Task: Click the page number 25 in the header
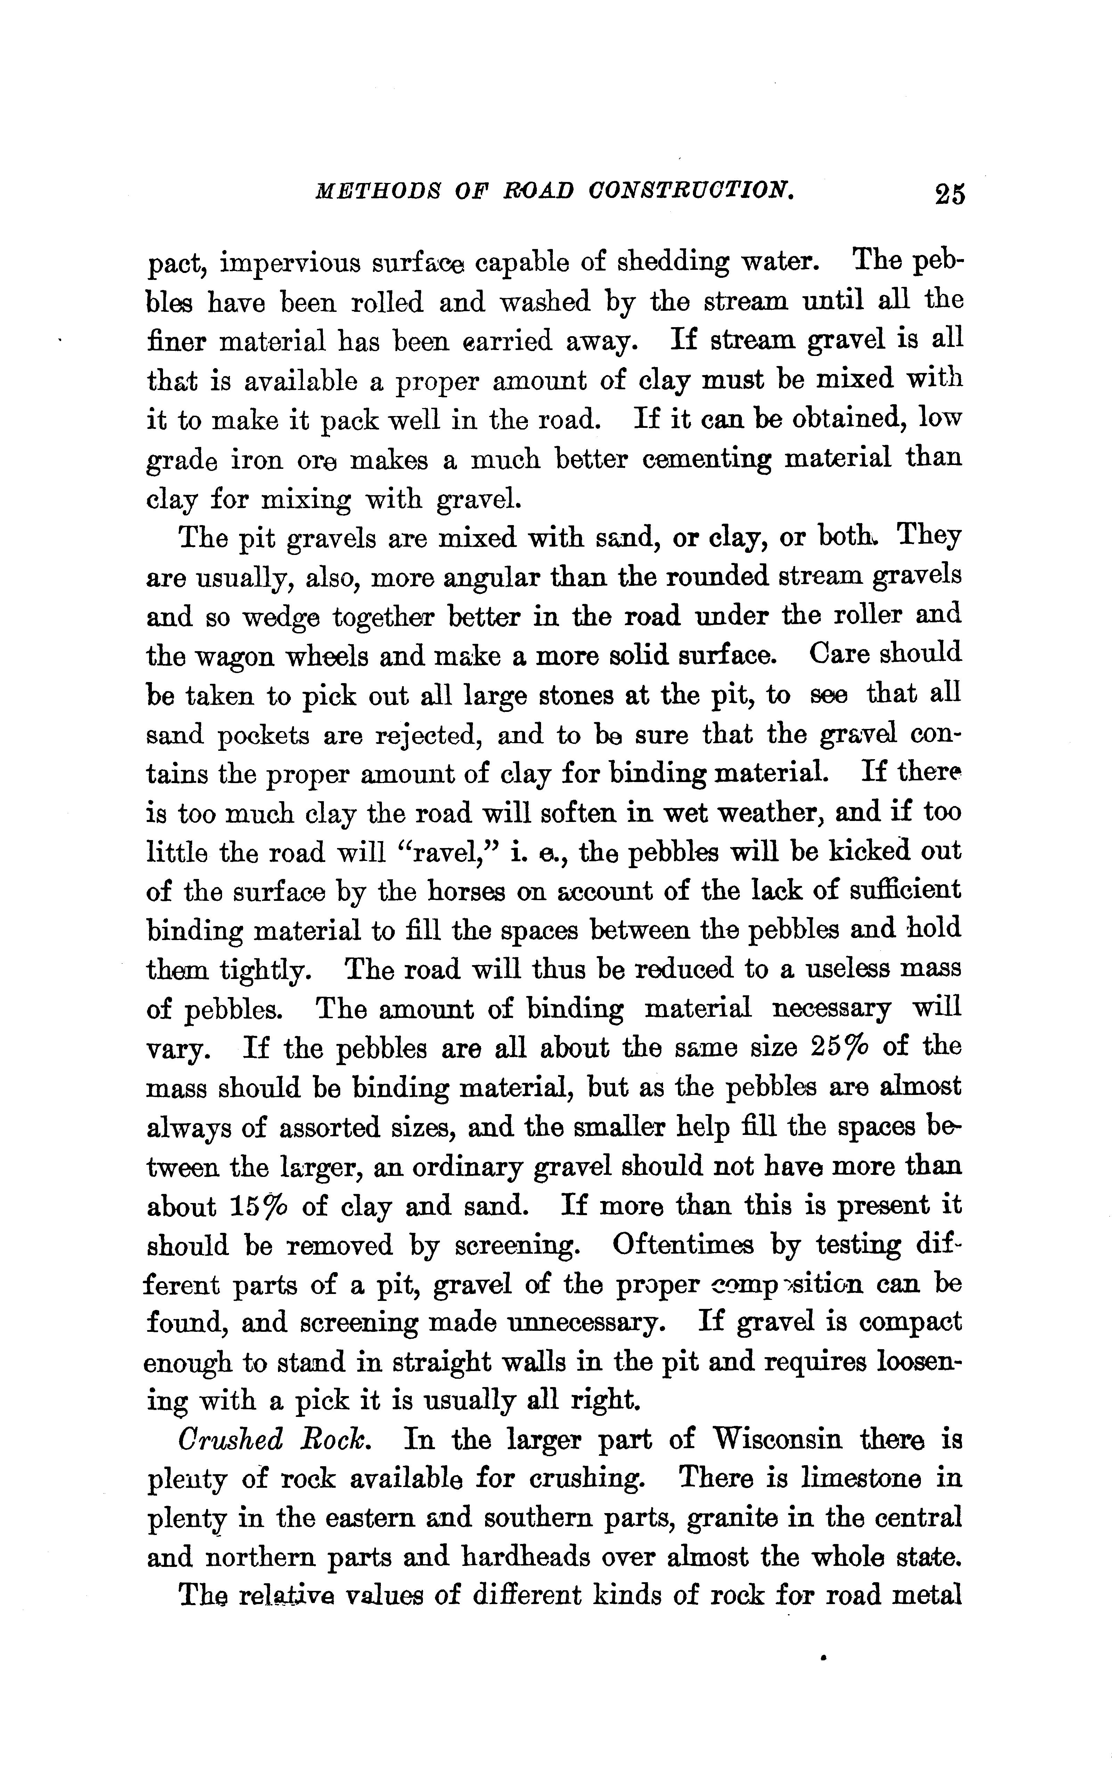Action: coord(948,194)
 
